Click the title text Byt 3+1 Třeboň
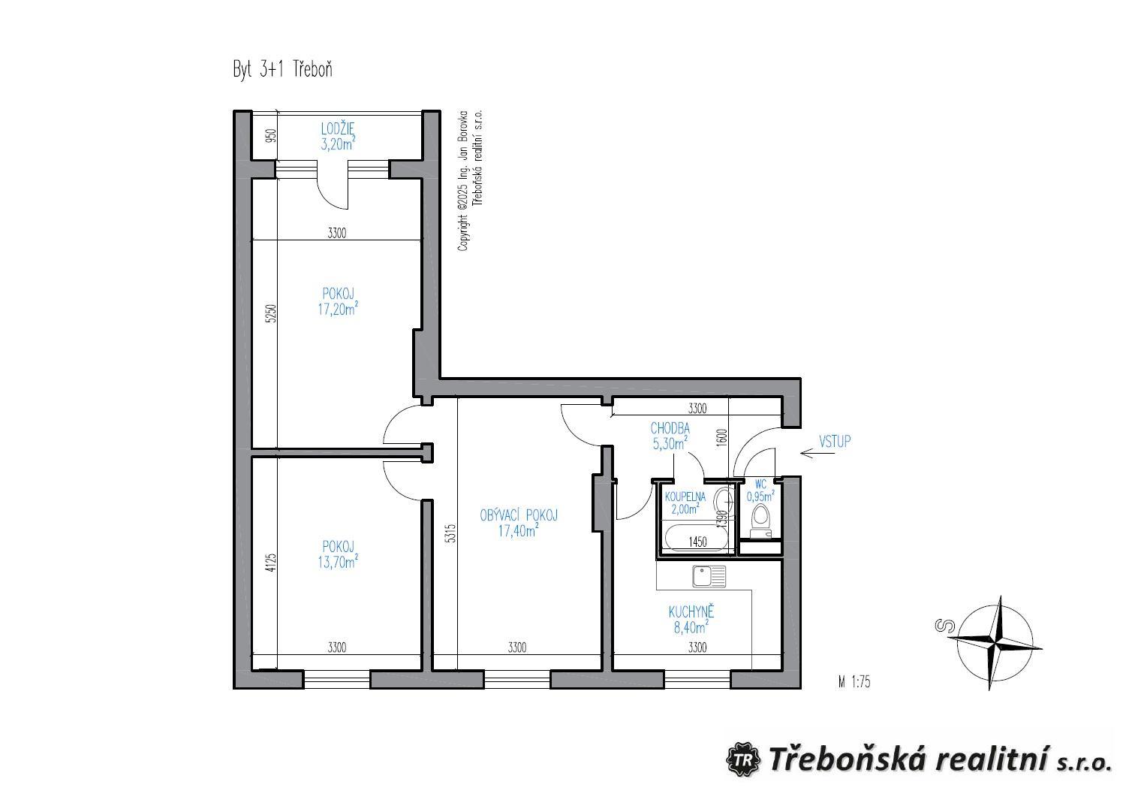coord(283,70)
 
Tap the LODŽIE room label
coord(338,129)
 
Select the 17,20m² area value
coord(338,309)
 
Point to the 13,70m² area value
coord(338,561)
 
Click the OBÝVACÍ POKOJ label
coord(519,515)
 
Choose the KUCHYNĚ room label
coord(691,611)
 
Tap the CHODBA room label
coord(670,429)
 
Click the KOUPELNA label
coord(685,497)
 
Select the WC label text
coord(760,485)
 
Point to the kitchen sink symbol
coord(709,576)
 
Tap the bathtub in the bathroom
coord(697,539)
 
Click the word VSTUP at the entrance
coord(835,441)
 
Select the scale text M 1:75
coord(854,682)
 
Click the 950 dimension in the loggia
coord(272,135)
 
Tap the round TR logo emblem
coord(743,759)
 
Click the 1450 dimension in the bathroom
coord(698,542)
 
